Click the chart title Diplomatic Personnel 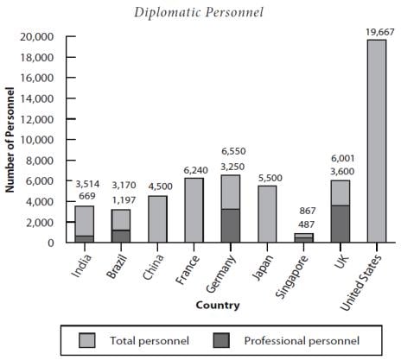coord(199,13)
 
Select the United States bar coord(377,141)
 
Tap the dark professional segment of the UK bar coord(341,224)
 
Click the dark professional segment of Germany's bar coord(231,225)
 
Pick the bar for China coord(157,219)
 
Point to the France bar coord(194,210)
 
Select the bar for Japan coord(267,214)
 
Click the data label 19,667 coord(379,32)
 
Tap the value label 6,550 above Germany coord(233,151)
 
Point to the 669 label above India coord(87,196)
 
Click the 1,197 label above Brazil coord(124,200)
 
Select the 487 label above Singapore coord(306,224)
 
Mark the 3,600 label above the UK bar coord(342,172)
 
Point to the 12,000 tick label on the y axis coord(37,119)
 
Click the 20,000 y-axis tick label coord(37,37)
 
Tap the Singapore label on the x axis coord(292,277)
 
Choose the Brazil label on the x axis coord(117,267)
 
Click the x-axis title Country coord(218,306)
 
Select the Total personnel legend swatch coord(86,341)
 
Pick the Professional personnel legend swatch coord(221,341)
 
